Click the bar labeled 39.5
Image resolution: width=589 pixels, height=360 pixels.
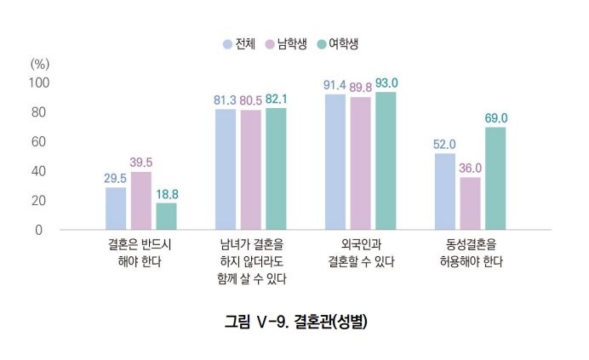coord(141,201)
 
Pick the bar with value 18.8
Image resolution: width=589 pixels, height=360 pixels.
coord(166,216)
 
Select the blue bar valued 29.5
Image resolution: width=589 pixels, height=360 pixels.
coord(116,209)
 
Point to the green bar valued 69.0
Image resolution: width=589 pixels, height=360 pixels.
coord(495,179)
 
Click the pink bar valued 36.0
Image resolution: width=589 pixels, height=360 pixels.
coord(470,203)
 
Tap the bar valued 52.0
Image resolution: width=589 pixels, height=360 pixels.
coord(445,191)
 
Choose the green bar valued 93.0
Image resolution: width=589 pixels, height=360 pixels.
coord(386,161)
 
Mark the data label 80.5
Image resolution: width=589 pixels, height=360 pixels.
coord(250,100)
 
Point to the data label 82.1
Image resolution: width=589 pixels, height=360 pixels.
coord(277,100)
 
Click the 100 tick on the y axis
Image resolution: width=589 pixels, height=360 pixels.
coord(40,83)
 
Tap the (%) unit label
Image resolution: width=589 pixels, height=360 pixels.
coord(40,64)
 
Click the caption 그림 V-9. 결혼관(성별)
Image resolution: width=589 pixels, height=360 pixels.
coord(295,321)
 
